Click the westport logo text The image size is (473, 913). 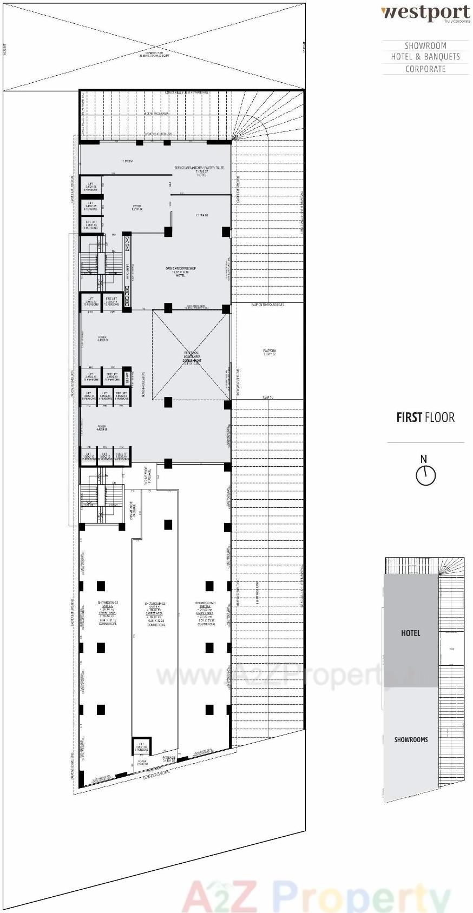(425, 13)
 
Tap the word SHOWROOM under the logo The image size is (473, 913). (425, 46)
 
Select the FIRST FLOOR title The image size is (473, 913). (425, 418)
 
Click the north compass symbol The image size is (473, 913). (425, 475)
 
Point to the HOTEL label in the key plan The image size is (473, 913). (410, 633)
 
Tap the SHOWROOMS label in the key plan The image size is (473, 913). (411, 739)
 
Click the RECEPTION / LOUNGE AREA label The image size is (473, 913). (192, 357)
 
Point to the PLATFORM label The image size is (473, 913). (270, 352)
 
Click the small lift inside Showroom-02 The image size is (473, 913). (141, 747)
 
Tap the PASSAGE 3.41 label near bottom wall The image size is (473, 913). (169, 758)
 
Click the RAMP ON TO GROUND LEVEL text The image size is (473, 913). (267, 305)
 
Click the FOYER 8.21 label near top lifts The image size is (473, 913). (137, 207)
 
